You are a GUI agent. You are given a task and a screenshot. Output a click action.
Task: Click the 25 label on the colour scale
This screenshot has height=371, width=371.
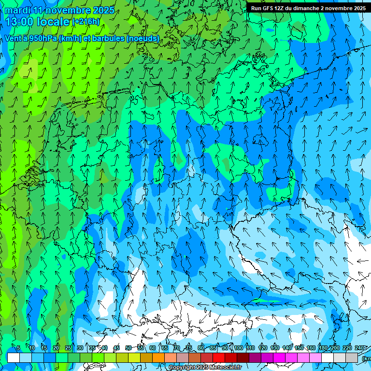point(68,348)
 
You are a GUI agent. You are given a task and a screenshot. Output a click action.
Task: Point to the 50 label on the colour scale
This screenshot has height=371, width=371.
point(128,348)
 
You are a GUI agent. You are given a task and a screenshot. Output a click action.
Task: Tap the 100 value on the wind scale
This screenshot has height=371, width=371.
point(238,348)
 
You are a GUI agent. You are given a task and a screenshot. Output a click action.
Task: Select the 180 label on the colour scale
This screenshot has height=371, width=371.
point(323,348)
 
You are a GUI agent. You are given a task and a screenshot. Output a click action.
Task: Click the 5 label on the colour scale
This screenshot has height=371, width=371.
point(18,348)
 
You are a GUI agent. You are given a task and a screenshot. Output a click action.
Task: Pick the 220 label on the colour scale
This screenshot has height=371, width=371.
point(347,348)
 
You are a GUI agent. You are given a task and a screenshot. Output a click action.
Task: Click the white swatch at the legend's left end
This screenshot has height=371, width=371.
point(13,357)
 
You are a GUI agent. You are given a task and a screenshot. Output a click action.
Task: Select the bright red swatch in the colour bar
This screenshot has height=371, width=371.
point(219,357)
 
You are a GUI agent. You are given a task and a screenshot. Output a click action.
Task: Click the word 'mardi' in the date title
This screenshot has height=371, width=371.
point(18,10)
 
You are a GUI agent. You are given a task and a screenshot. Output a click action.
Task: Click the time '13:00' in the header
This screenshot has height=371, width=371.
point(19,22)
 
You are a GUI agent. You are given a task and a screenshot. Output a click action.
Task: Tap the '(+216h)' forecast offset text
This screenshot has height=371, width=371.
point(86,22)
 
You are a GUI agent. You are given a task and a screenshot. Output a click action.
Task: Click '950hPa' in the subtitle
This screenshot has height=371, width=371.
point(41,38)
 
